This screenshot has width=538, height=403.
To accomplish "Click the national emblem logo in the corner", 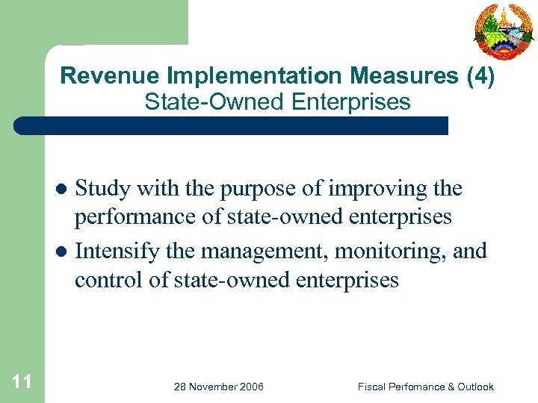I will (x=504, y=31).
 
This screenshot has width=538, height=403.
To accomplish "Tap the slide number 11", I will (x=22, y=383).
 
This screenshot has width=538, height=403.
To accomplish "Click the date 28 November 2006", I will (x=218, y=387).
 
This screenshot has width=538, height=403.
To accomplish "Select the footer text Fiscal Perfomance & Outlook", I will (x=425, y=387).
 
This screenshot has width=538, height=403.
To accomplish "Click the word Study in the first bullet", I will (x=103, y=189).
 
